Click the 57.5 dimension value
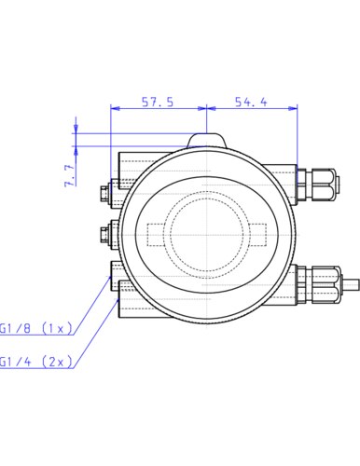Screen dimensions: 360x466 coord(158,102)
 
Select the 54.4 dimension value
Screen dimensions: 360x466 coord(251,102)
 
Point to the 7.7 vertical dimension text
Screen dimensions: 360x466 coord(70,175)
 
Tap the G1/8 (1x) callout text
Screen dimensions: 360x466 coord(35,328)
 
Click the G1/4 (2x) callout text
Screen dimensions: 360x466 coord(35,362)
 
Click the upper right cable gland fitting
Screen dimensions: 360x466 coord(318,184)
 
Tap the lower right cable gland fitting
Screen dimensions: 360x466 coord(319,283)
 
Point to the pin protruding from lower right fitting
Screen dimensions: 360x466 coord(351,284)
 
